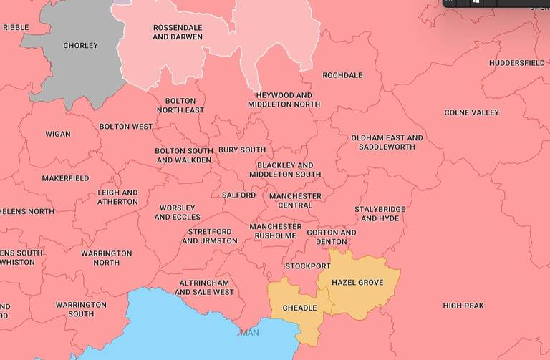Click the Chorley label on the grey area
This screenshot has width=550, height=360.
pyautogui.click(x=80, y=46)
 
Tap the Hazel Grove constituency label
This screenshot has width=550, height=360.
pyautogui.click(x=357, y=283)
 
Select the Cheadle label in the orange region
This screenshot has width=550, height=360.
pyautogui.click(x=299, y=308)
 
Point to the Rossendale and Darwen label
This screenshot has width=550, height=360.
pyautogui.click(x=178, y=32)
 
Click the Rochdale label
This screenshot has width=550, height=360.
pyautogui.click(x=342, y=75)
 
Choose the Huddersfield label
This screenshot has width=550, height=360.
pyautogui.click(x=516, y=63)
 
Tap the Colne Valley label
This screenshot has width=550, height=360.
pyautogui.click(x=471, y=112)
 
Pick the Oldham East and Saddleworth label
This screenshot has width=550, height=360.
pyautogui.click(x=387, y=142)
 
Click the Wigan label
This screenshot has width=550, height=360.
pyautogui.click(x=58, y=134)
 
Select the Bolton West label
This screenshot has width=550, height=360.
pyautogui.click(x=126, y=127)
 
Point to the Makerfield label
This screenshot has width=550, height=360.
pyautogui.click(x=65, y=178)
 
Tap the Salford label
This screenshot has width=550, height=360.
pyautogui.click(x=238, y=195)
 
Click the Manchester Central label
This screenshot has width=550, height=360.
pyautogui.click(x=295, y=200)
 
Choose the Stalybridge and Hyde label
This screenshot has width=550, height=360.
pyautogui.click(x=380, y=214)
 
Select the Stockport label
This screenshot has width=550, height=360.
pyautogui.click(x=308, y=266)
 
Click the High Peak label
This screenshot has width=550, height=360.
pyautogui.click(x=463, y=306)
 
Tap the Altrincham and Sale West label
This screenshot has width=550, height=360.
pyautogui.click(x=204, y=287)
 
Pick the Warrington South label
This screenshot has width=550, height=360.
pyautogui.click(x=81, y=309)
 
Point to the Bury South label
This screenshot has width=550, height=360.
pyautogui.click(x=241, y=150)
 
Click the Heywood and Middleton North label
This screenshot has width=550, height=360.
pyautogui.click(x=284, y=99)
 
